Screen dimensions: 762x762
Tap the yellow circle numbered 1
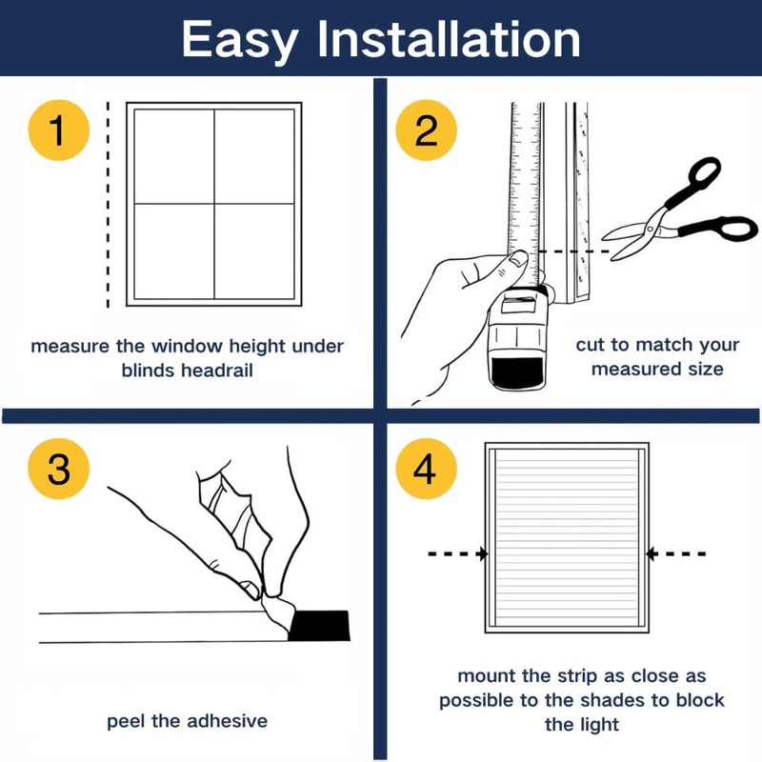click(59, 130)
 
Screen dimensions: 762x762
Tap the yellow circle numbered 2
click(427, 130)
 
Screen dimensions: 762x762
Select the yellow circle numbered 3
click(59, 470)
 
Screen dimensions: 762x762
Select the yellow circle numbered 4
click(427, 470)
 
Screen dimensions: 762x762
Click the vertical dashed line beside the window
click(108, 205)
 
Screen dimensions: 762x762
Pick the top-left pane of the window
click(173, 156)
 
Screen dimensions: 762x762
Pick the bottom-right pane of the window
click(253, 251)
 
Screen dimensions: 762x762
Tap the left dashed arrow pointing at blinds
click(454, 553)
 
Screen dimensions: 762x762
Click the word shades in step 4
click(620, 700)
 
